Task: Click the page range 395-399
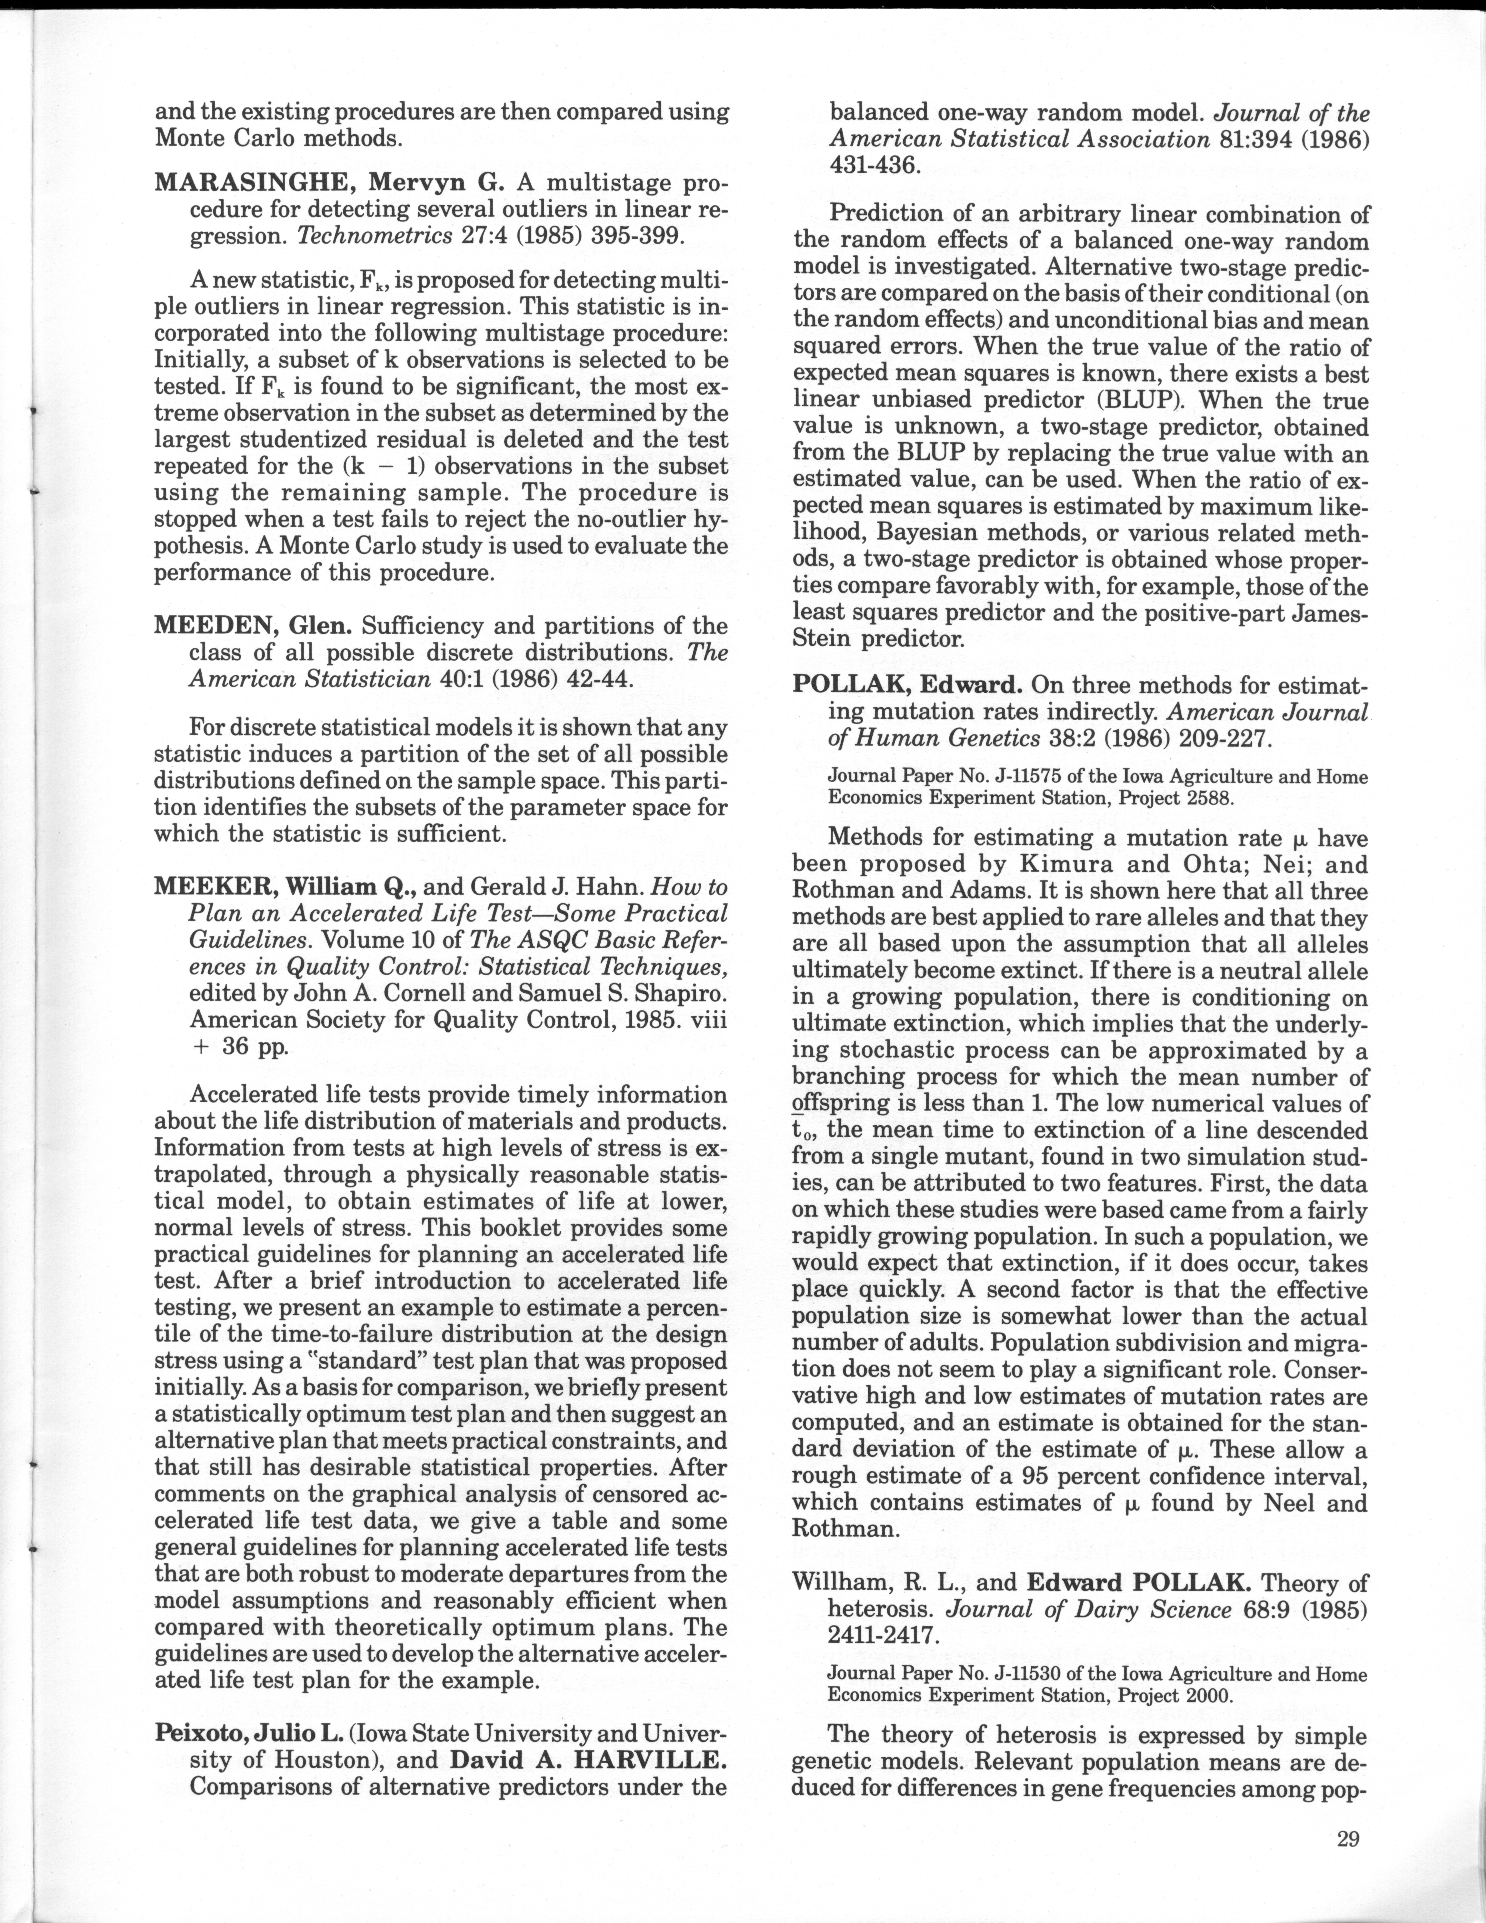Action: coord(628,237)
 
